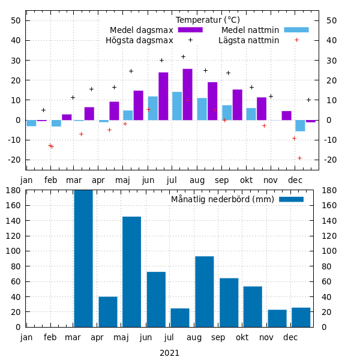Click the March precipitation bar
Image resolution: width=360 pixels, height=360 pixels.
pyautogui.click(x=83, y=259)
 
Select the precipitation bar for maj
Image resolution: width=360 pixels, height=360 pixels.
pyautogui.click(x=131, y=272)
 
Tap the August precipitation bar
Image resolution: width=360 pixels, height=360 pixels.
pyautogui.click(x=204, y=292)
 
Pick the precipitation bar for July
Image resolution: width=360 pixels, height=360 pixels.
pyautogui.click(x=180, y=317)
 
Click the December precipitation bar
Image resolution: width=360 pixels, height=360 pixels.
pyautogui.click(x=301, y=317)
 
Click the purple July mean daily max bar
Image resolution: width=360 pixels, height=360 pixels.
pyautogui.click(x=188, y=94)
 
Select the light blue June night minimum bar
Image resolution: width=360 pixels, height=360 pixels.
pyautogui.click(x=153, y=108)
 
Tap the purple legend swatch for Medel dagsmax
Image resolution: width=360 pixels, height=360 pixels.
pyautogui.click(x=190, y=30)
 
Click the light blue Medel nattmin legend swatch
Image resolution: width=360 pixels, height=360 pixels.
pyautogui.click(x=296, y=30)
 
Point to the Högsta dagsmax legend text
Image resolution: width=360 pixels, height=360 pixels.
pyautogui.click(x=139, y=41)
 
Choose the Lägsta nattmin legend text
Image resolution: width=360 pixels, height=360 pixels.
pyautogui.click(x=248, y=41)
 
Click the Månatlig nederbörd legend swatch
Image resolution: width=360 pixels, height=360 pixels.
pyautogui.click(x=291, y=199)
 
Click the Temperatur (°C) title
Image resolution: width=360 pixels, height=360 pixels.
pyautogui.click(x=208, y=20)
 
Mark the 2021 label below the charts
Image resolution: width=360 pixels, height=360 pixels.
pyautogui.click(x=169, y=353)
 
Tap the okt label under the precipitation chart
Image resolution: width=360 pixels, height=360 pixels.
pyautogui.click(x=242, y=337)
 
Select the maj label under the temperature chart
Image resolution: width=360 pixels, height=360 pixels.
pyautogui.click(x=122, y=180)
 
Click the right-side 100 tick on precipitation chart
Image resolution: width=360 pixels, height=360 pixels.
pyautogui.click(x=330, y=251)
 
